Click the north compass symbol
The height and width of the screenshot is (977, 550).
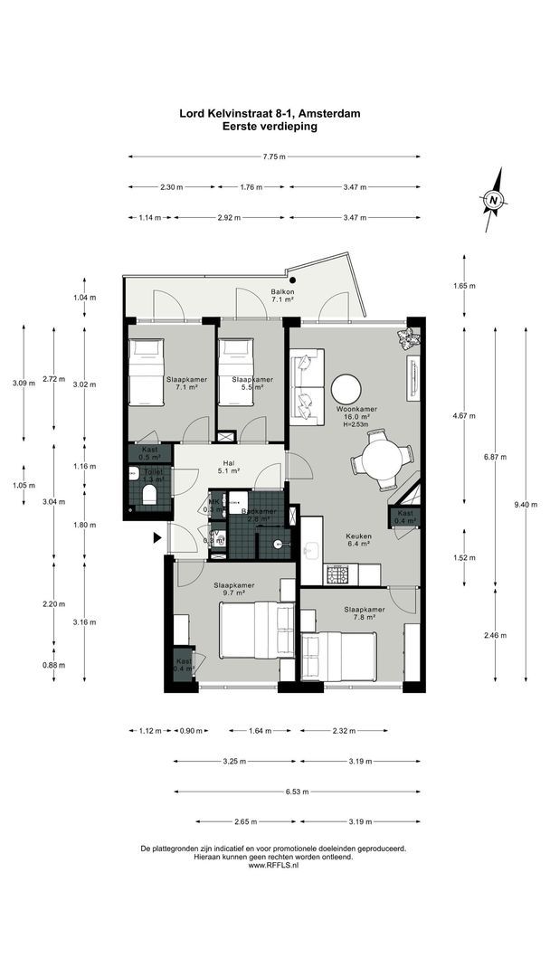(x=493, y=200)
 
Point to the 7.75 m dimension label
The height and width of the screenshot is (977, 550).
(x=274, y=157)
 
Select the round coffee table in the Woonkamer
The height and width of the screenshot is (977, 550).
(x=347, y=390)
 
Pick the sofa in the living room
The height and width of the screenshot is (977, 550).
(x=308, y=389)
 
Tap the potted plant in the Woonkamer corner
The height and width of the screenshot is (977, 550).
(x=408, y=338)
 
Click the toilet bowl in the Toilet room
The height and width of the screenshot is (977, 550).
(x=149, y=492)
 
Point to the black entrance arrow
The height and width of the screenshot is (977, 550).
(x=157, y=538)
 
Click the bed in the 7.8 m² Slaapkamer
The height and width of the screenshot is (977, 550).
(x=344, y=656)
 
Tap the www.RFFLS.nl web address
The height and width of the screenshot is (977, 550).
(x=273, y=865)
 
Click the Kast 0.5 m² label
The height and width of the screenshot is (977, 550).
(x=147, y=453)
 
